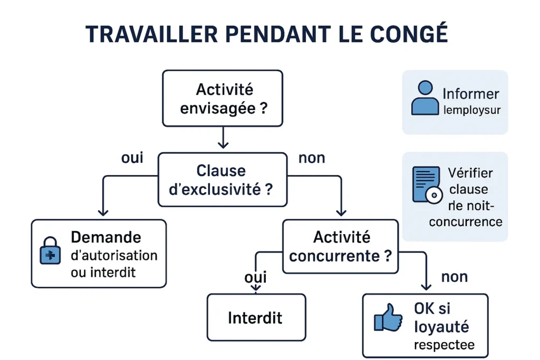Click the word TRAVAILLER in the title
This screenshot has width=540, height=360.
coord(152,34)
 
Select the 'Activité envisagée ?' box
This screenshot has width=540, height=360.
coord(223,99)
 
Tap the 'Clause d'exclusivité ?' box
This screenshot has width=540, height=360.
coord(222,179)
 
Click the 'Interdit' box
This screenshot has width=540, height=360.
coord(256,317)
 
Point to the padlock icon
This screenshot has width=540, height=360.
coord(51,251)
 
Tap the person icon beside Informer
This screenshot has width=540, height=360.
coord(425,99)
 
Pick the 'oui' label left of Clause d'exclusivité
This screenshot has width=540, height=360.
coord(132,158)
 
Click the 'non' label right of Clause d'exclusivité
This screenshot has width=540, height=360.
coord(312,158)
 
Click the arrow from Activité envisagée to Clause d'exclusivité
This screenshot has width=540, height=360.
coord(223,139)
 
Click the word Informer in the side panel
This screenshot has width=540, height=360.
coord(470,94)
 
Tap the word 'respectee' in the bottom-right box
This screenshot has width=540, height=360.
coord(443,345)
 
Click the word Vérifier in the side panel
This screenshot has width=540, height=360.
coord(470,172)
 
